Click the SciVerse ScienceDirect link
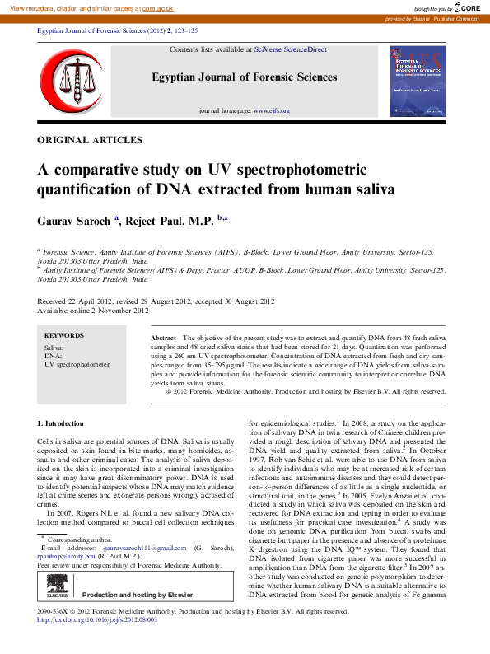point(291,49)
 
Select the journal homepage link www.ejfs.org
point(271,110)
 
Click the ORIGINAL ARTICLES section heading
point(90,141)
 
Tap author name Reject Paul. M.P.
point(171,220)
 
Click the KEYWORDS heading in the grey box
point(64,335)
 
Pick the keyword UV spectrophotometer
point(77,363)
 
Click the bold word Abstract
point(164,339)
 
